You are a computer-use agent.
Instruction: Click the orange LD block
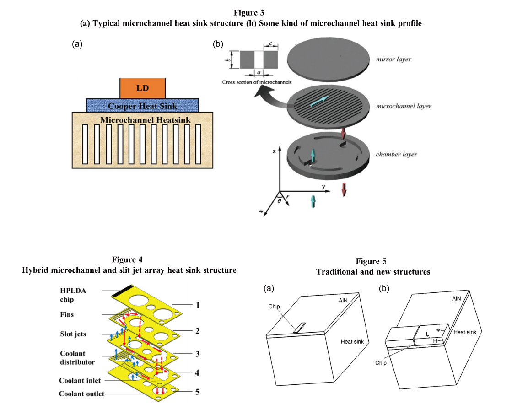tap(142, 88)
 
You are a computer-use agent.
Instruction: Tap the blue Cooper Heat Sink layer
tap(142, 106)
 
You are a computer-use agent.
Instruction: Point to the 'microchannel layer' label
tap(404, 106)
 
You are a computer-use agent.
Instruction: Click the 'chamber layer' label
tap(396, 154)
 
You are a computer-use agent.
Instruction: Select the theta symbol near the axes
tap(279, 201)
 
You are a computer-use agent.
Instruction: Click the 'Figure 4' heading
tap(129, 260)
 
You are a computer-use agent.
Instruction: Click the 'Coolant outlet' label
tap(81, 394)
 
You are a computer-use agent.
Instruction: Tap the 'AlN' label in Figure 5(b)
tap(456, 298)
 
